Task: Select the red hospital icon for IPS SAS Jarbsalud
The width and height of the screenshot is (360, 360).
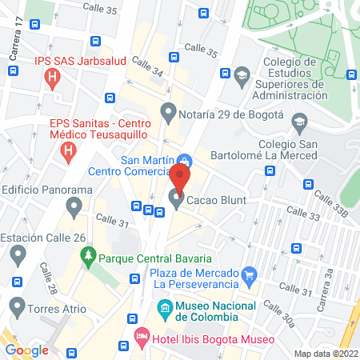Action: pos(52,78)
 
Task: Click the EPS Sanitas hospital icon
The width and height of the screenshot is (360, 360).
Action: pos(69,149)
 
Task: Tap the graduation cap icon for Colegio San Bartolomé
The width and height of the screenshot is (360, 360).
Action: pos(300,124)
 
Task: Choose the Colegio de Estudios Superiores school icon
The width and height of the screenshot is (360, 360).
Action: pos(241,77)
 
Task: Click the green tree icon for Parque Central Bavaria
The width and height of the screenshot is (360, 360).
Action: pos(88,258)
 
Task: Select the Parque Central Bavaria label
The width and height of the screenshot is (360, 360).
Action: pos(155,258)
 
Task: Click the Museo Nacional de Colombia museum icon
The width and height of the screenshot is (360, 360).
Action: pos(164,308)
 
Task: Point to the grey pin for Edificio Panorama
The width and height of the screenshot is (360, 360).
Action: pos(74,209)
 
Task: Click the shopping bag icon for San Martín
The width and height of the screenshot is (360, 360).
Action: pos(185,158)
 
